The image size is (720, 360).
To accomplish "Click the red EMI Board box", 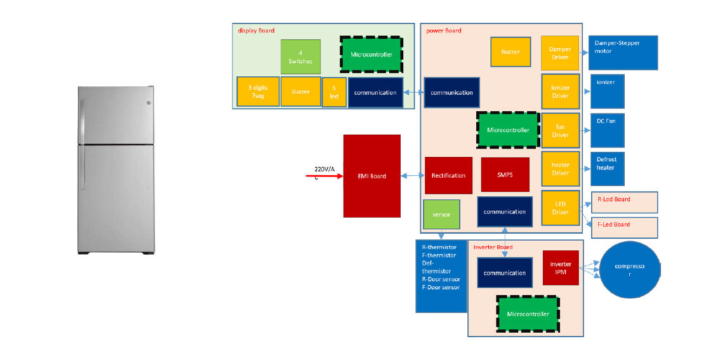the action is (372, 176).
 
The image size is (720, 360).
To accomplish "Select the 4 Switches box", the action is (301, 57).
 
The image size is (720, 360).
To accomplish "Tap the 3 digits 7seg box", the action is (258, 91).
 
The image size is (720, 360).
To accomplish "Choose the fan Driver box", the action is (560, 130).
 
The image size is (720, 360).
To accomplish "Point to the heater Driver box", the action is (560, 168).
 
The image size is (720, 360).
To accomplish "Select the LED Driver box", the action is (560, 208).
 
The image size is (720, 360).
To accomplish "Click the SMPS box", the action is (505, 175).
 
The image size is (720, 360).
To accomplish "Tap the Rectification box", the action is (449, 175).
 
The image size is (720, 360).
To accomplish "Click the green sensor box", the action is (441, 215).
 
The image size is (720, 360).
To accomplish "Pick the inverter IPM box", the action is (561, 268).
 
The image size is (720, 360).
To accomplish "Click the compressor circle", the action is (630, 270).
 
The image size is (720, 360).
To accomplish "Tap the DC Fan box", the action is (608, 130).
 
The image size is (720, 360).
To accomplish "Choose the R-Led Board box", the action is (625, 203).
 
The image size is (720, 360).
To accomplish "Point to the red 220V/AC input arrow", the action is (324, 175).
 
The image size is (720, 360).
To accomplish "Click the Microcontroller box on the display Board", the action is (371, 54).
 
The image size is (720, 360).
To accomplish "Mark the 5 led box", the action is (334, 92).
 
